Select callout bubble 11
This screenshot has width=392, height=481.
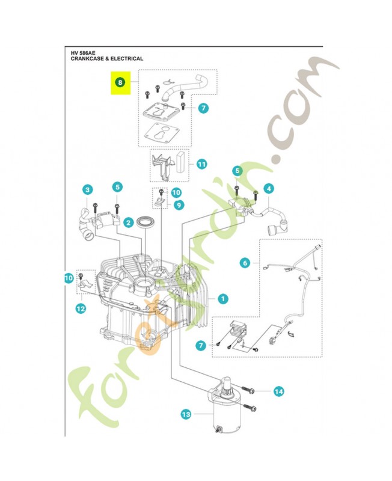[x=201, y=164]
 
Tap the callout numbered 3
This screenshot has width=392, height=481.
[x=87, y=189]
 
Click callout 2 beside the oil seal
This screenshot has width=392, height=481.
[x=128, y=222]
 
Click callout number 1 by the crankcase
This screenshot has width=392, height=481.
[x=222, y=298]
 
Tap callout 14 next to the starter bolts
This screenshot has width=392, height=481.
[x=278, y=391]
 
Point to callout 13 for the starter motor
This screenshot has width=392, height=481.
[x=185, y=414]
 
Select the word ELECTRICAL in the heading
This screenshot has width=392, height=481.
[x=127, y=59]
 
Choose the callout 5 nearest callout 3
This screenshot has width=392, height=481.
[x=117, y=187]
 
